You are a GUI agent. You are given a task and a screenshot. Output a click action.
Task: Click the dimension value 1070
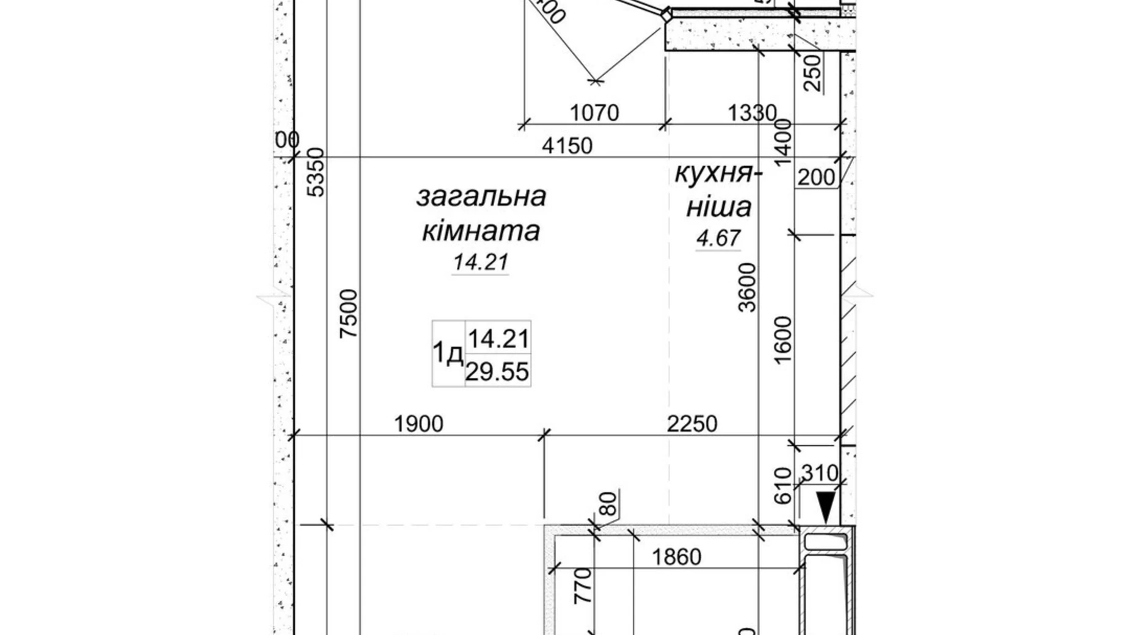(x=594, y=113)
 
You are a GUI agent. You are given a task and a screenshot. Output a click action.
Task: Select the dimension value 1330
(x=752, y=113)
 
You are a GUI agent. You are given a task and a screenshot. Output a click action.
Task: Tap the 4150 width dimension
(x=567, y=146)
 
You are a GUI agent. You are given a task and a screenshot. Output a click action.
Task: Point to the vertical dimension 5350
(x=317, y=172)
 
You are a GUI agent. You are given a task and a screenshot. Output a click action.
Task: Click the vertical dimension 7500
(x=349, y=314)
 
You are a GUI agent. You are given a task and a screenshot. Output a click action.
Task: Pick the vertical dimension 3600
(x=747, y=288)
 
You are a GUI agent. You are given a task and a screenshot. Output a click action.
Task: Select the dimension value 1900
(x=418, y=424)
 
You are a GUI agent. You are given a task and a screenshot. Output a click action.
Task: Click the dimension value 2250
(x=691, y=424)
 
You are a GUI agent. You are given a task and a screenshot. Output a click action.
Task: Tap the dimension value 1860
(x=676, y=557)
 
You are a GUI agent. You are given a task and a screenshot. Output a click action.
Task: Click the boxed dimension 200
(x=816, y=177)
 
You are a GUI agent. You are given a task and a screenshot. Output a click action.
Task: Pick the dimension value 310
(x=820, y=473)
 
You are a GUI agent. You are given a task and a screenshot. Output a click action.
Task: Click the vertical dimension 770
(x=584, y=586)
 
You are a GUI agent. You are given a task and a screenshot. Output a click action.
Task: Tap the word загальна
(x=481, y=197)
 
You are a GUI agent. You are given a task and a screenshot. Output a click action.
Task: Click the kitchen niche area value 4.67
(x=718, y=238)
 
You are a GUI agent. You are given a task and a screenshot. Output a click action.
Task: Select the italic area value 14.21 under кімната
(x=481, y=263)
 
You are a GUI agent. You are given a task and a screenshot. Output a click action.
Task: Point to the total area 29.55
(x=497, y=371)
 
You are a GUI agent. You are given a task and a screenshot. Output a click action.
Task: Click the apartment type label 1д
(x=448, y=353)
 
